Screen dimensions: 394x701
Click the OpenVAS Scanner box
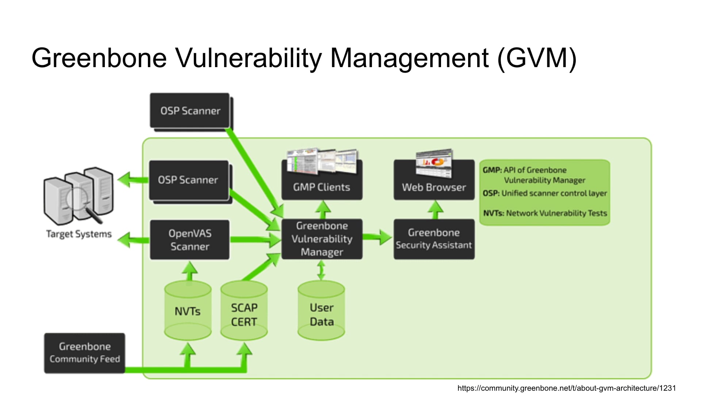click(x=190, y=240)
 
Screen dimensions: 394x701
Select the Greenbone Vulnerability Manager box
click(x=322, y=239)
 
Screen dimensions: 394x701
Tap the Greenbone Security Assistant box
click(x=434, y=239)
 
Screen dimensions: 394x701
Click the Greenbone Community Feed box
click(x=85, y=353)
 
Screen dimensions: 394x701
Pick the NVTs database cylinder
click(x=188, y=311)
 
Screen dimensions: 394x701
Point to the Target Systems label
click(x=79, y=234)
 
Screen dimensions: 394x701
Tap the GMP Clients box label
click(x=321, y=187)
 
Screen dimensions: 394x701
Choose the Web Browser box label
click(x=434, y=187)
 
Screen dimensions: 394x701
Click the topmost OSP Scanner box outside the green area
click(x=190, y=111)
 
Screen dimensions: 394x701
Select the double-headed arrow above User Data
click(x=321, y=270)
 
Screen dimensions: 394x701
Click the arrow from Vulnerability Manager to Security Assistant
click(x=378, y=237)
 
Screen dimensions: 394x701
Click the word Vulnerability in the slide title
click(x=249, y=58)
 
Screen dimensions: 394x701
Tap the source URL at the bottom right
click(x=566, y=388)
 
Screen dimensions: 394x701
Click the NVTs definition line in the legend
click(x=545, y=213)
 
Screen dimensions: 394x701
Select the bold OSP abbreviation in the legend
click(x=491, y=193)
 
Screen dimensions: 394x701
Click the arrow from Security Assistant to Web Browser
click(x=435, y=210)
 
